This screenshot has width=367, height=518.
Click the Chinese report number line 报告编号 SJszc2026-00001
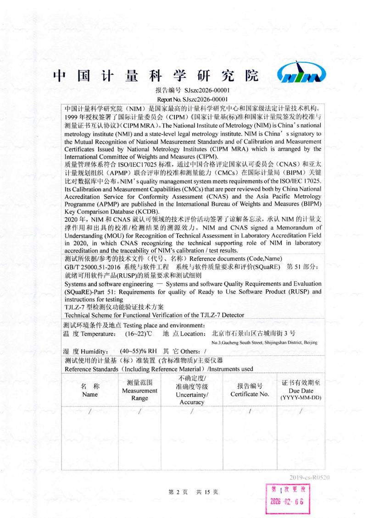[193, 91]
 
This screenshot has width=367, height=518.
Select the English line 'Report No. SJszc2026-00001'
[193, 99]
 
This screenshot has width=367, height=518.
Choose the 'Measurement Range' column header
[139, 390]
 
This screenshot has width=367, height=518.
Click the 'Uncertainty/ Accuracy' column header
[192, 390]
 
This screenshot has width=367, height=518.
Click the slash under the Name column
[90, 411]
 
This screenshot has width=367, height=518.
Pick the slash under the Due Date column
[300, 411]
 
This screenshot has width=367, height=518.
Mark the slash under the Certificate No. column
[250, 411]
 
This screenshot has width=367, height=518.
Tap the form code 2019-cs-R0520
[309, 477]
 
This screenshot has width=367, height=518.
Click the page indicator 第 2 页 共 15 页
[193, 492]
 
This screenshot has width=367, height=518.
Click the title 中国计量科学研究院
[156, 75]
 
